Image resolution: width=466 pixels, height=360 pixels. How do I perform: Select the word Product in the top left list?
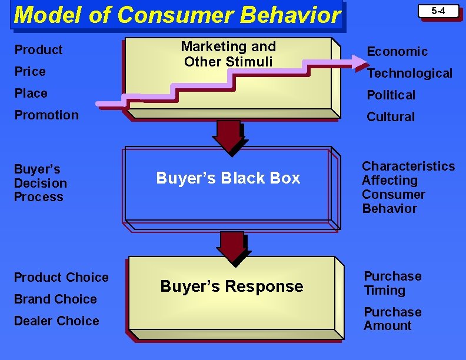coord(38,50)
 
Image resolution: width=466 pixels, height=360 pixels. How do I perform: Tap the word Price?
coord(30,72)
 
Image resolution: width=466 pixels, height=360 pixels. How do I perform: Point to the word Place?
coord(31,94)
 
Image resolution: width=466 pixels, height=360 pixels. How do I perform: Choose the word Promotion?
coord(46,115)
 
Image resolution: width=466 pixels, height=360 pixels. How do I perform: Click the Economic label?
coord(397,52)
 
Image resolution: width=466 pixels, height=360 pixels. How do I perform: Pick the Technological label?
coord(410,74)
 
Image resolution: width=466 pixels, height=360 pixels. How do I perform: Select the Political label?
coord(391,95)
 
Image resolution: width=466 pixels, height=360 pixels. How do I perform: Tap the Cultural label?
coord(391,117)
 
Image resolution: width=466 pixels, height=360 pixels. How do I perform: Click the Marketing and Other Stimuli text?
coord(228,54)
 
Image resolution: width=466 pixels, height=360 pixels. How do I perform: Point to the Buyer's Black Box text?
coord(228,178)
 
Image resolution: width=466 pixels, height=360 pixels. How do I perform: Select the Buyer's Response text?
coord(232,286)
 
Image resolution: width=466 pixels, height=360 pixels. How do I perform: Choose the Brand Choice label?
coord(55,299)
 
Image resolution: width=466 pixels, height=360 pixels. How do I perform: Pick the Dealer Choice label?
coord(56,321)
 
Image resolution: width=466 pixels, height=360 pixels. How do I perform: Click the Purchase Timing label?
coord(392,284)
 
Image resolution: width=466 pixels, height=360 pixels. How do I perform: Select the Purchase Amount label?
coord(392,319)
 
